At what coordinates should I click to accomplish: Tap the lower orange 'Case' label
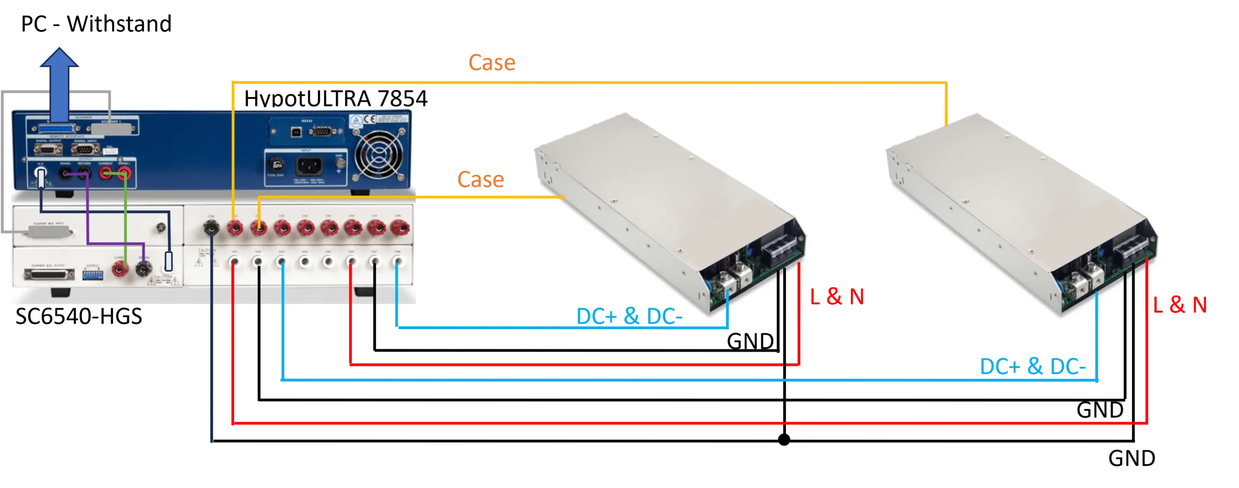(x=481, y=180)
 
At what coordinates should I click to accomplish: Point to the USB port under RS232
(x=293, y=130)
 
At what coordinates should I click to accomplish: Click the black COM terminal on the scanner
(x=212, y=226)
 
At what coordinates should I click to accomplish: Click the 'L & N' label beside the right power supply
(x=1181, y=305)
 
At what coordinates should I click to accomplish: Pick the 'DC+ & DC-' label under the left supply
(x=629, y=316)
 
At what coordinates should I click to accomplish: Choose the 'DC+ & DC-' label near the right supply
(x=1032, y=367)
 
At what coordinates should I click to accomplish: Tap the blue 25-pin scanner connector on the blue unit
(x=53, y=129)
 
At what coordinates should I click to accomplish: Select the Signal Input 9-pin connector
(x=86, y=149)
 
